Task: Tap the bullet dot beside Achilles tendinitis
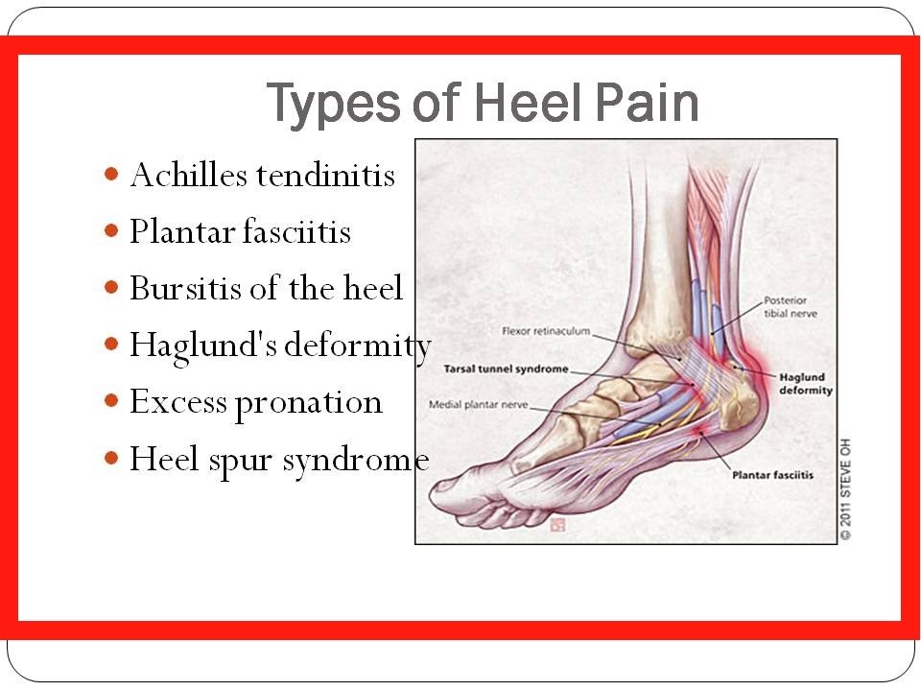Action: tap(111, 174)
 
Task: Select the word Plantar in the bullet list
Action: tap(182, 231)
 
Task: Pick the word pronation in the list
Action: tap(308, 404)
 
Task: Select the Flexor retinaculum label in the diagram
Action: tap(546, 331)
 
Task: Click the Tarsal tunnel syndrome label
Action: tap(506, 369)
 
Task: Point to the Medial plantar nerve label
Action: tap(478, 404)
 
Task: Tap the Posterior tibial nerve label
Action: tap(790, 307)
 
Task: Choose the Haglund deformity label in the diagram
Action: tap(805, 383)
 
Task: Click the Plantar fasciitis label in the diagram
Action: tap(772, 475)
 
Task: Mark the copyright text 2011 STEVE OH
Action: tap(845, 488)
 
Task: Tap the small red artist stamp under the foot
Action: tap(556, 524)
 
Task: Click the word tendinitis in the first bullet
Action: tap(325, 175)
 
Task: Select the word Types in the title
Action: tap(334, 104)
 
